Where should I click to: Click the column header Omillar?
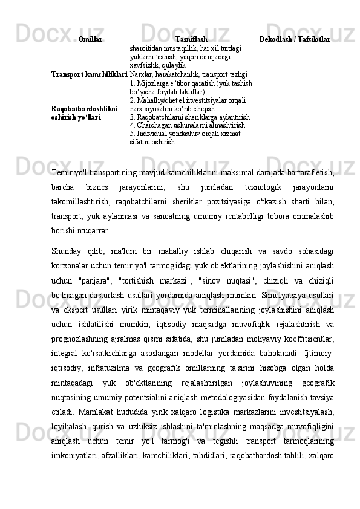90,39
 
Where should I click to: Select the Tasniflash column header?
191,39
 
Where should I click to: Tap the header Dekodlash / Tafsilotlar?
295,39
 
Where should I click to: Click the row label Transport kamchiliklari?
89,74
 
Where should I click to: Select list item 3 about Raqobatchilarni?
189,117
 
